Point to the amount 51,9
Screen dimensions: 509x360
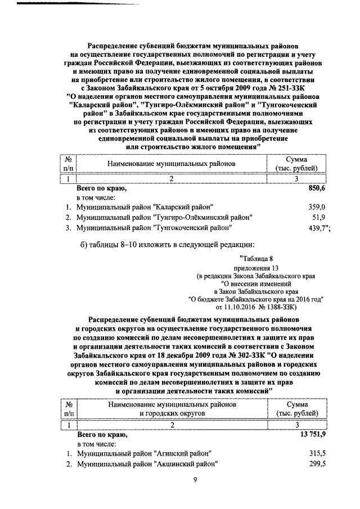click(318, 217)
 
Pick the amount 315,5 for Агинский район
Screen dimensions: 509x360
click(316, 453)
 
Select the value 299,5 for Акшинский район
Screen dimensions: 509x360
click(316, 464)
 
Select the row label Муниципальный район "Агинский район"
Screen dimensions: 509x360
click(144, 453)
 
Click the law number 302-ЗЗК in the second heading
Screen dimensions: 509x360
click(227, 356)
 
